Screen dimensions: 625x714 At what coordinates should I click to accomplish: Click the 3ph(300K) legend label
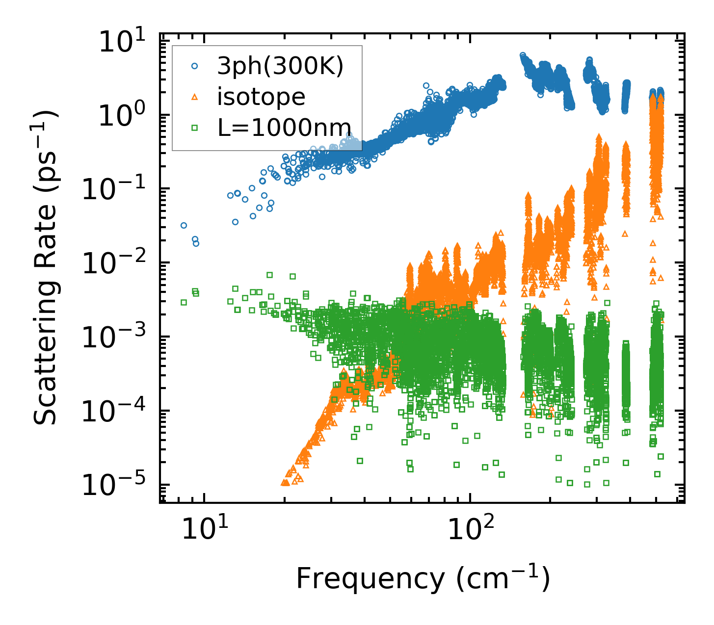pyautogui.click(x=281, y=66)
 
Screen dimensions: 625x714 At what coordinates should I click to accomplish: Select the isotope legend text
pyautogui.click(x=262, y=97)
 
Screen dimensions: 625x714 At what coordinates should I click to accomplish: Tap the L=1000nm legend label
pyautogui.click(x=285, y=128)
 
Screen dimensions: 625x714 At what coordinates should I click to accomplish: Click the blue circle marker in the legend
pyautogui.click(x=194, y=66)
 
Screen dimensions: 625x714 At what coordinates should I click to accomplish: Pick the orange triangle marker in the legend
pyautogui.click(x=194, y=97)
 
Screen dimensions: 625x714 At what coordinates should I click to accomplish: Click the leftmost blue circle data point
pyautogui.click(x=184, y=226)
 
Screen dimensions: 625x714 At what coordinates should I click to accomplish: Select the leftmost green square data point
pyautogui.click(x=184, y=302)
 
